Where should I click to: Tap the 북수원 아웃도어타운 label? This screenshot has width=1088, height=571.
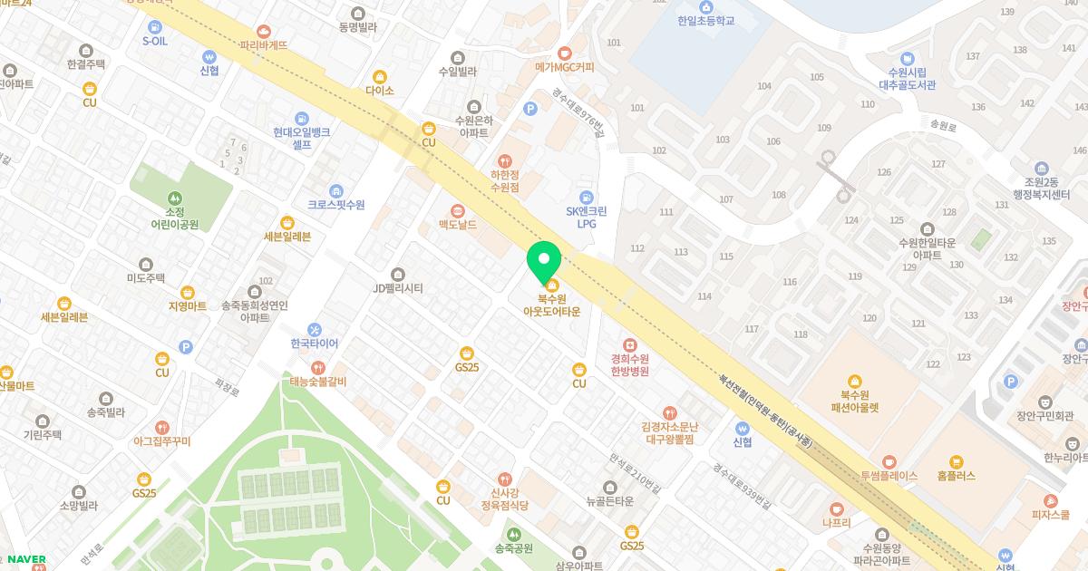551,305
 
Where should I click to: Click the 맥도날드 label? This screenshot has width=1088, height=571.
458,224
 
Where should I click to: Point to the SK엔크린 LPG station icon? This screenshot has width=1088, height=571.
586,198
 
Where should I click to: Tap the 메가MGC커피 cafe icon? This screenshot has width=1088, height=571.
565,53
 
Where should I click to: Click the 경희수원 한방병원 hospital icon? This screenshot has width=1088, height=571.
630,345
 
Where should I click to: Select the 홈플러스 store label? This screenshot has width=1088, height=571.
956,475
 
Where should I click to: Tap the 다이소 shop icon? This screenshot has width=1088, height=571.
380,77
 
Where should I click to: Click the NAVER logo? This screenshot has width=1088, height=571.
26,559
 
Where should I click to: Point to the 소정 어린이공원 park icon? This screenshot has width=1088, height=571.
174,198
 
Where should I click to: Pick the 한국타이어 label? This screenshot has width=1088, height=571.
314,344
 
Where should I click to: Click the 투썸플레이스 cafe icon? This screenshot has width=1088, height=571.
889,461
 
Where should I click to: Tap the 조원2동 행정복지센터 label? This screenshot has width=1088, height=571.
1042,187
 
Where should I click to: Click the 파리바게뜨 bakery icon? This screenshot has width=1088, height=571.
264,31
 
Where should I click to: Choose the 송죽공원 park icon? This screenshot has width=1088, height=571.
514,534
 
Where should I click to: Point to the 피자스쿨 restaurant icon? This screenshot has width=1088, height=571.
1051,500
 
